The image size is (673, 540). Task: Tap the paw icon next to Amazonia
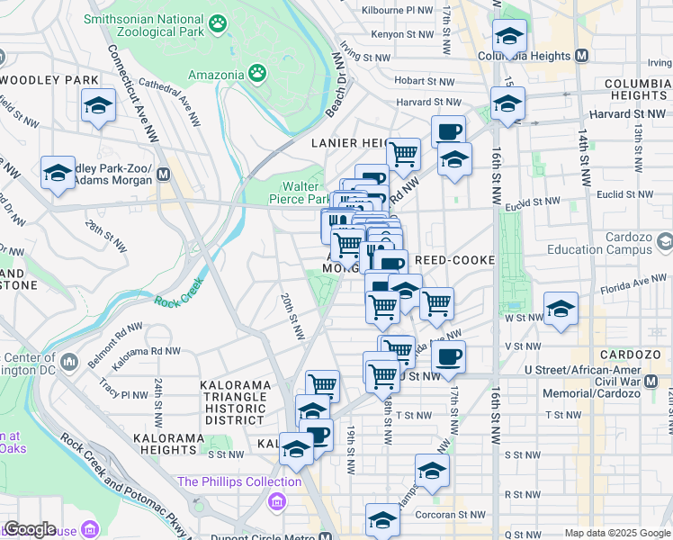tap(257, 72)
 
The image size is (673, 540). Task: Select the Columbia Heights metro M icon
tap(581, 55)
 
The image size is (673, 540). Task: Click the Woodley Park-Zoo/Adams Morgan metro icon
tap(164, 175)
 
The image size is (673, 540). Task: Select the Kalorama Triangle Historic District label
tap(238, 402)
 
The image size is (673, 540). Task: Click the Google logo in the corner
tap(30, 529)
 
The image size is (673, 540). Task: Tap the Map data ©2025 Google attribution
tap(616, 533)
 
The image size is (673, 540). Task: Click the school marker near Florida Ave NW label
tap(561, 309)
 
